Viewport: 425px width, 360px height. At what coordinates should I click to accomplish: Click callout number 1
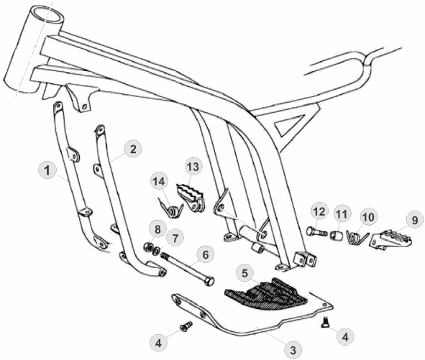click(x=47, y=170)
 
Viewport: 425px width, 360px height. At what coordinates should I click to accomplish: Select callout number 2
click(x=133, y=149)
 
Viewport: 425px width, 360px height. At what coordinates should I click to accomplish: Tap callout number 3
click(x=293, y=351)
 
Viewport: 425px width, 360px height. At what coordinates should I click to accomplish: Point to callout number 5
click(x=245, y=273)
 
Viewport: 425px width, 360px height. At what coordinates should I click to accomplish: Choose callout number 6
click(x=206, y=255)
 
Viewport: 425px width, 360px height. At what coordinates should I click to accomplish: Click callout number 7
click(x=175, y=239)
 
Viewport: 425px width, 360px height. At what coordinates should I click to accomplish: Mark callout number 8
click(x=157, y=230)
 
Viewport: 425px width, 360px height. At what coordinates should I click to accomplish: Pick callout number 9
click(x=415, y=220)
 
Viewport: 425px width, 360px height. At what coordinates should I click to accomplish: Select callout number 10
click(x=367, y=217)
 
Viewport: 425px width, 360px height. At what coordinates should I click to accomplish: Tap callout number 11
click(x=342, y=214)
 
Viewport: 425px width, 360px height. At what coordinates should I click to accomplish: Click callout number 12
click(x=319, y=211)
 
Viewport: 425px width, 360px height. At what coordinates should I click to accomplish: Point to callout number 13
click(x=193, y=167)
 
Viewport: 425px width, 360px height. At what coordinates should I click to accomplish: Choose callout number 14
click(x=159, y=182)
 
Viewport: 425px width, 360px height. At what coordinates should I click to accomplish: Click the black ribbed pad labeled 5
click(x=265, y=295)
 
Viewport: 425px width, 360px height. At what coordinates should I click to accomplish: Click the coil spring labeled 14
click(x=171, y=208)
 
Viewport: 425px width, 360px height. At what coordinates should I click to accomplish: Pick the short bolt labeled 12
click(x=317, y=232)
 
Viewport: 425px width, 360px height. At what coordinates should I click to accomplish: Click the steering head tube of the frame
click(x=34, y=49)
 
